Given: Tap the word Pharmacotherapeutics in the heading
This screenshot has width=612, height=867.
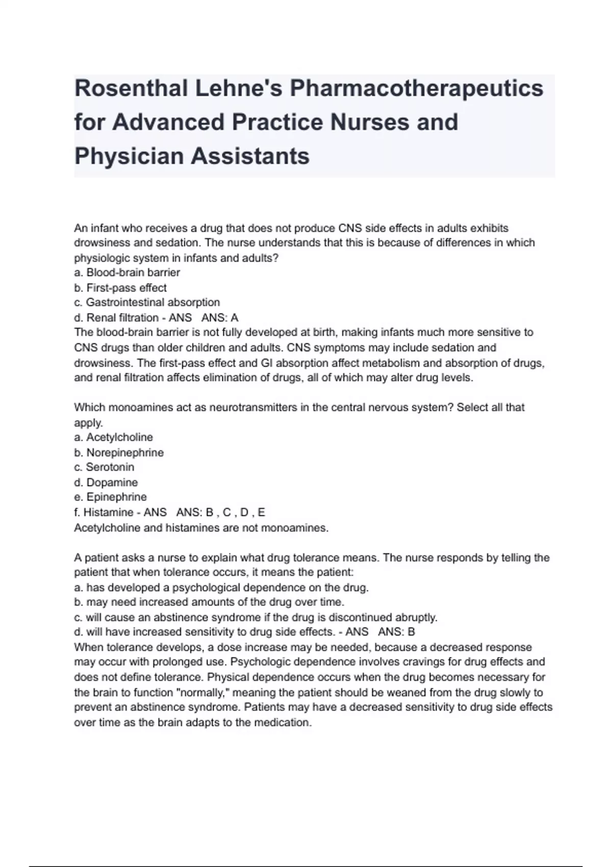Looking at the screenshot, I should click(x=417, y=88).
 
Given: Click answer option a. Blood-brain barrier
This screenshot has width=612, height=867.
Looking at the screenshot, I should click(x=127, y=272).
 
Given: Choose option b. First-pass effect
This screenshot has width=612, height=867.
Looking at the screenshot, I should click(x=120, y=288).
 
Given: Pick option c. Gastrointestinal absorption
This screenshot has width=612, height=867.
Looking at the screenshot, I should click(x=147, y=302).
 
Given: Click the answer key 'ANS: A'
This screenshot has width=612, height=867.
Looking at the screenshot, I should click(x=220, y=318).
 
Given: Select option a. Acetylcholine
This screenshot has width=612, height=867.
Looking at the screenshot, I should click(x=113, y=437).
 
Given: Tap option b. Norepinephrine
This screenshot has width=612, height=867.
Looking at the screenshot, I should click(x=119, y=452).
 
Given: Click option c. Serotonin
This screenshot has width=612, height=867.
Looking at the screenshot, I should click(x=104, y=467).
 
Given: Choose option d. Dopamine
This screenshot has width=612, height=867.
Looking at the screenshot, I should click(x=106, y=482).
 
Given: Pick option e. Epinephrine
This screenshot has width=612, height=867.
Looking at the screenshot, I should click(x=110, y=497).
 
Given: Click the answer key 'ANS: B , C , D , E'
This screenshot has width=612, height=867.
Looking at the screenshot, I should click(x=220, y=512).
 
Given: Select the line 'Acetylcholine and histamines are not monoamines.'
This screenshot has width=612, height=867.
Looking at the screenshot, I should click(x=201, y=528).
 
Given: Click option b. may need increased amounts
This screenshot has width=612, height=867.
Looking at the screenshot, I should click(x=209, y=602).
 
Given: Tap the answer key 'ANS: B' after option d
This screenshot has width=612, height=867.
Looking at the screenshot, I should click(x=396, y=632).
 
